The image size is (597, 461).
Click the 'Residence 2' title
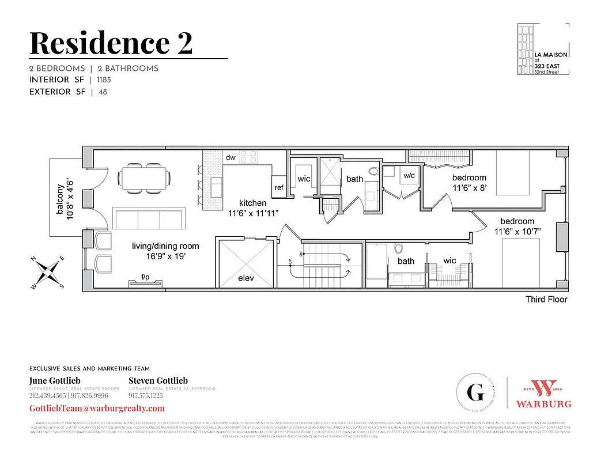(111, 43)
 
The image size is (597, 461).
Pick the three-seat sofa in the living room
(149, 219)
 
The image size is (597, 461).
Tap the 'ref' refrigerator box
(279, 187)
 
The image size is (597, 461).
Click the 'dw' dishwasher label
(231, 157)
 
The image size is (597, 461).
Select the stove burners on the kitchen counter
(248, 157)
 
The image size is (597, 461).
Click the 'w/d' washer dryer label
(409, 175)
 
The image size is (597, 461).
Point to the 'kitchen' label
(253, 203)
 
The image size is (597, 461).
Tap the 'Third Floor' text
(546, 299)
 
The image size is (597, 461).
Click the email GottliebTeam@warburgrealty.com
(97, 408)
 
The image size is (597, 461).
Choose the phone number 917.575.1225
(146, 396)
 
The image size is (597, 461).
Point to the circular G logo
(475, 394)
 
